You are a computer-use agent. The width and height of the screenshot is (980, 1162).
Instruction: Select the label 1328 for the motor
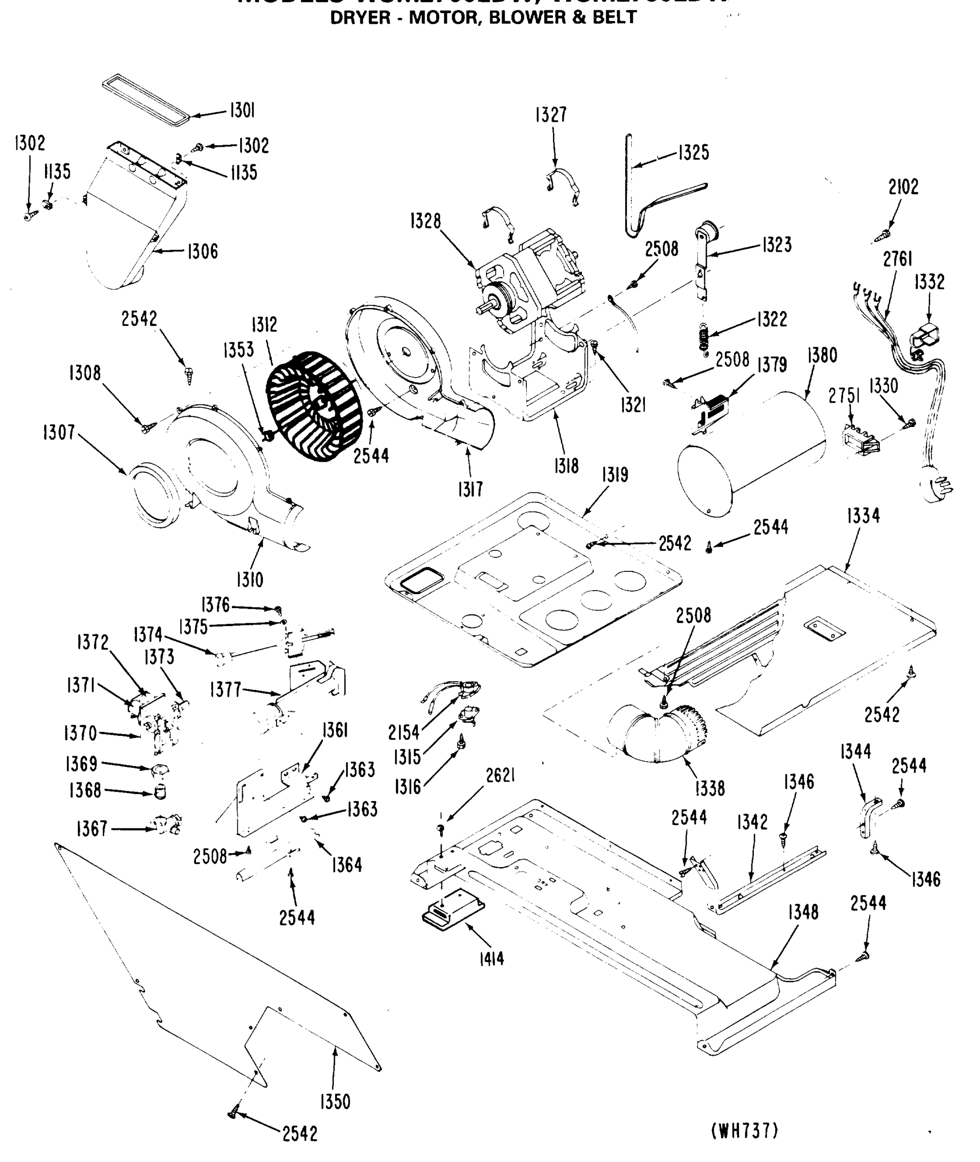click(x=426, y=221)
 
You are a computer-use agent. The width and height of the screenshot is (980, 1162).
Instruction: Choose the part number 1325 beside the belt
click(x=693, y=153)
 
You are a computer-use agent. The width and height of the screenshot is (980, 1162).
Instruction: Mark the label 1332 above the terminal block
click(x=930, y=282)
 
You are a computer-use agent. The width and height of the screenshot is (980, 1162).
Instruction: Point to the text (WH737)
click(x=745, y=1131)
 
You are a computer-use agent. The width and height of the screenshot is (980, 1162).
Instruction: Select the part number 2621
click(x=500, y=776)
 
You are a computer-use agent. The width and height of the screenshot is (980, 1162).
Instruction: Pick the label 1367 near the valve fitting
click(x=92, y=829)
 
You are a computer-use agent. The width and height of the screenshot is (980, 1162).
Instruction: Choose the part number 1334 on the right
click(x=863, y=516)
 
